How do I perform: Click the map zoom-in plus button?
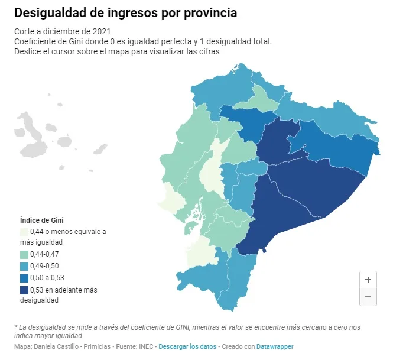tap(368, 280)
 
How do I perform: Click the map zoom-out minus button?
tap(368, 297)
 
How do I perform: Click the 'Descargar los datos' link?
tap(187, 346)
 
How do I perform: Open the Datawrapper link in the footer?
tap(275, 346)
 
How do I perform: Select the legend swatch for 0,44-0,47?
tap(24, 255)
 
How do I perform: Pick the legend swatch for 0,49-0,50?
tap(24, 266)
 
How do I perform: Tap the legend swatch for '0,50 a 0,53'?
tap(24, 278)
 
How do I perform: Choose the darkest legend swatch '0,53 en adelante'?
tap(24, 290)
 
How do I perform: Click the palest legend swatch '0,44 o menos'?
tap(24, 232)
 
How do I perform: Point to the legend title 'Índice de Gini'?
tap(41, 220)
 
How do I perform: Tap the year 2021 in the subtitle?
tap(102, 31)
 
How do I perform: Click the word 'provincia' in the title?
tap(210, 13)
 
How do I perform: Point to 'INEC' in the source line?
tap(146, 346)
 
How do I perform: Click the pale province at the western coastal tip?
tap(172, 199)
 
